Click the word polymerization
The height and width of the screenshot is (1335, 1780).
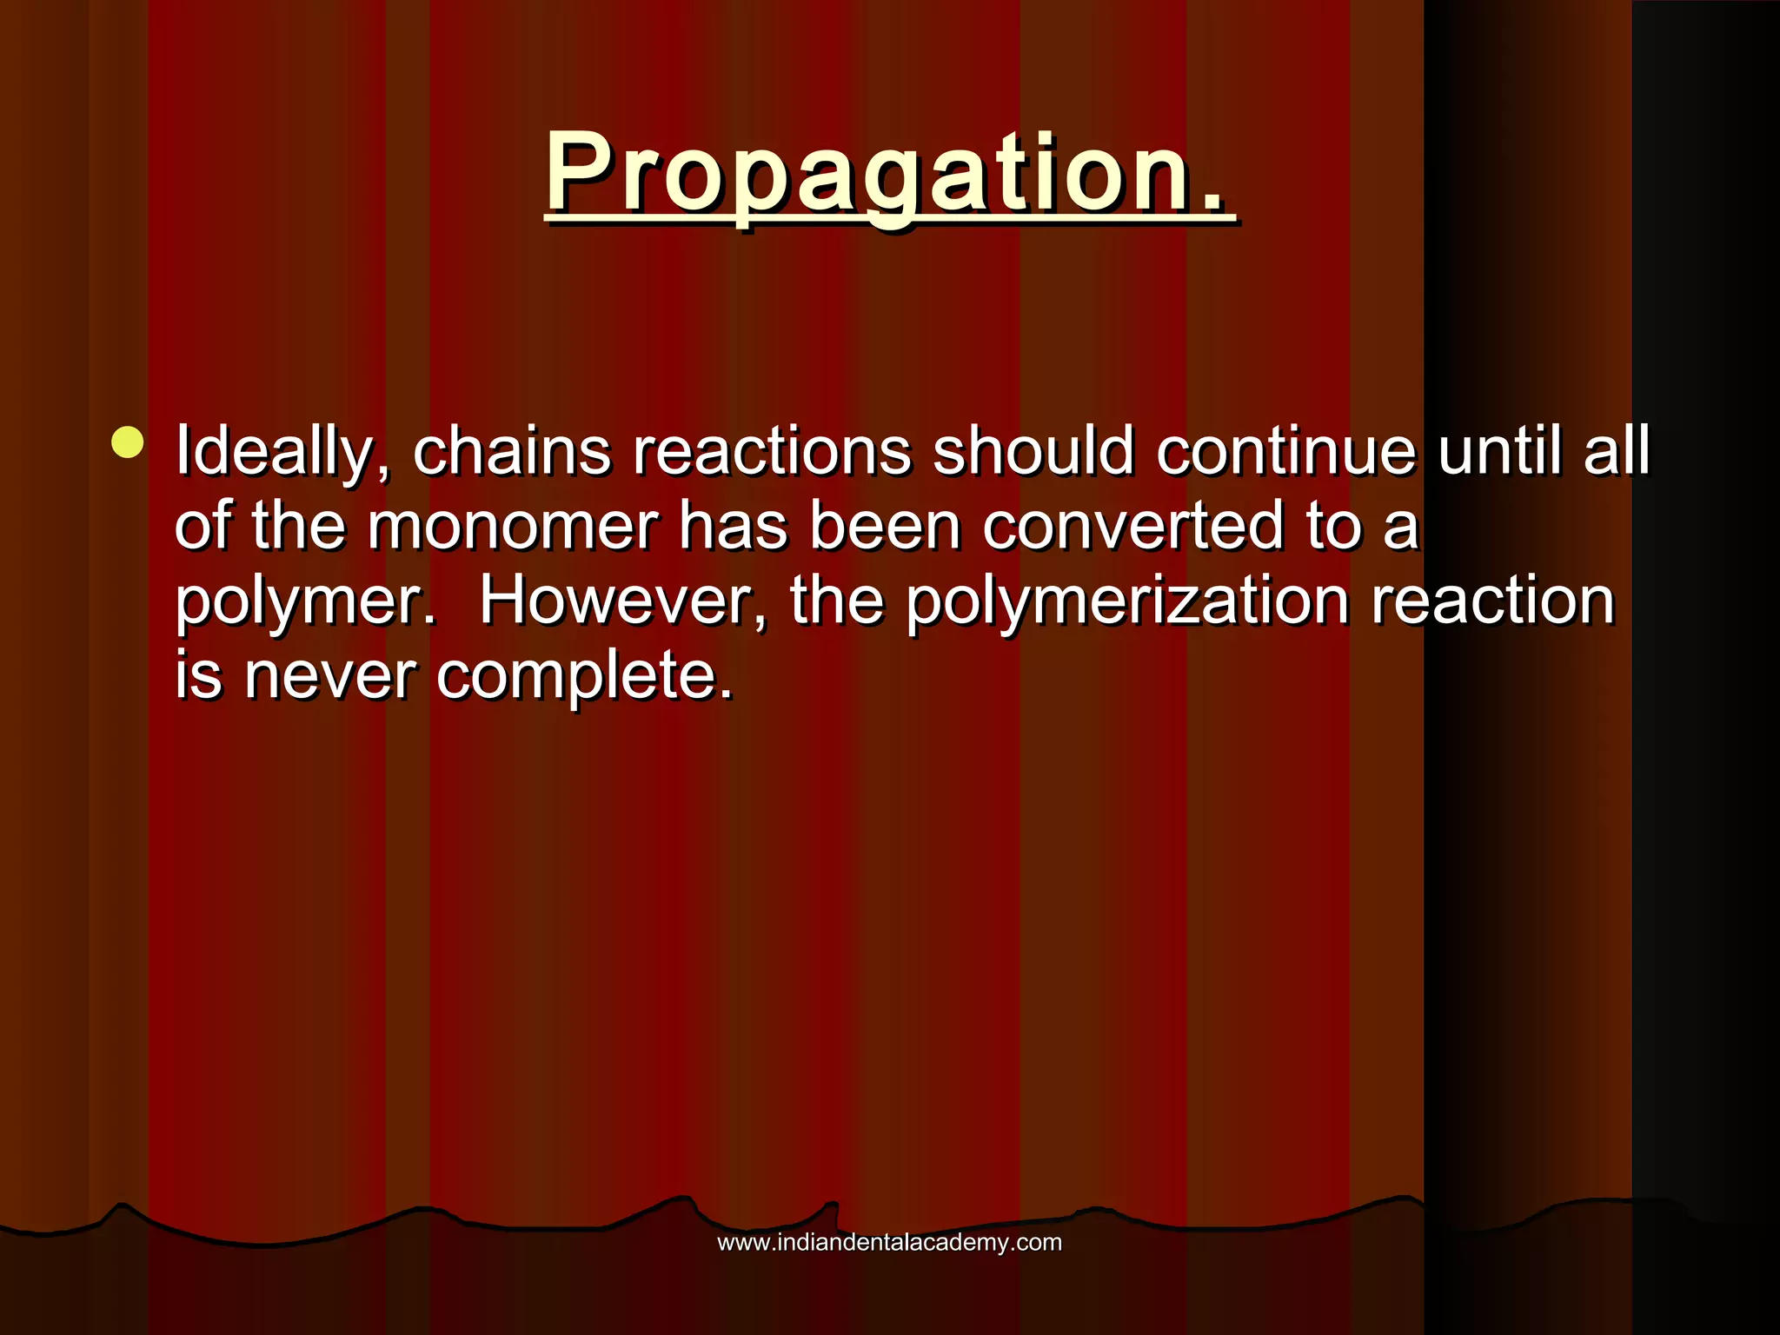click(1127, 602)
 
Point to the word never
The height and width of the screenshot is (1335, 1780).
click(329, 677)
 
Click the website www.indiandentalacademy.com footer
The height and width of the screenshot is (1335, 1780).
click(889, 1242)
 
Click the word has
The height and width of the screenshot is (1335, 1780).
click(733, 526)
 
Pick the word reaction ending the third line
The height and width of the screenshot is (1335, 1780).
click(1492, 601)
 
